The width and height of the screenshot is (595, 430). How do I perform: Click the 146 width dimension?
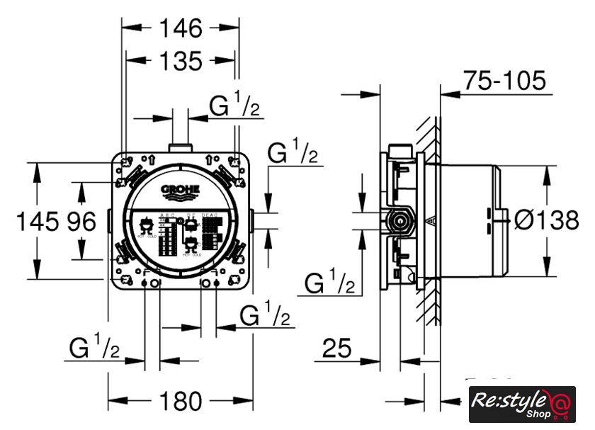click(181, 28)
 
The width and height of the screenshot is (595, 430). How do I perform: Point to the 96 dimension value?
click(81, 222)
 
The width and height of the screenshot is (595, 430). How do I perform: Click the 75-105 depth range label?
click(504, 81)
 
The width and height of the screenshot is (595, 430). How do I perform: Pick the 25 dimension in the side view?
click(337, 349)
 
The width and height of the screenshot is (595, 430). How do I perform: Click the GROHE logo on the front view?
click(181, 190)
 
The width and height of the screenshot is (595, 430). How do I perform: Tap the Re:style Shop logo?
click(521, 405)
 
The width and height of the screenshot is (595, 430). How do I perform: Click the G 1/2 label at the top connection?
click(235, 106)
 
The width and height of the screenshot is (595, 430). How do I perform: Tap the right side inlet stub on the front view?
click(251, 221)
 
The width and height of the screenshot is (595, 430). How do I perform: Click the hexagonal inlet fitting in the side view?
click(402, 221)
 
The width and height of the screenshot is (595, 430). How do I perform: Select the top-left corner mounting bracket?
click(127, 164)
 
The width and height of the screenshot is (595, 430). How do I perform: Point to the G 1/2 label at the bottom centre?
click(265, 314)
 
